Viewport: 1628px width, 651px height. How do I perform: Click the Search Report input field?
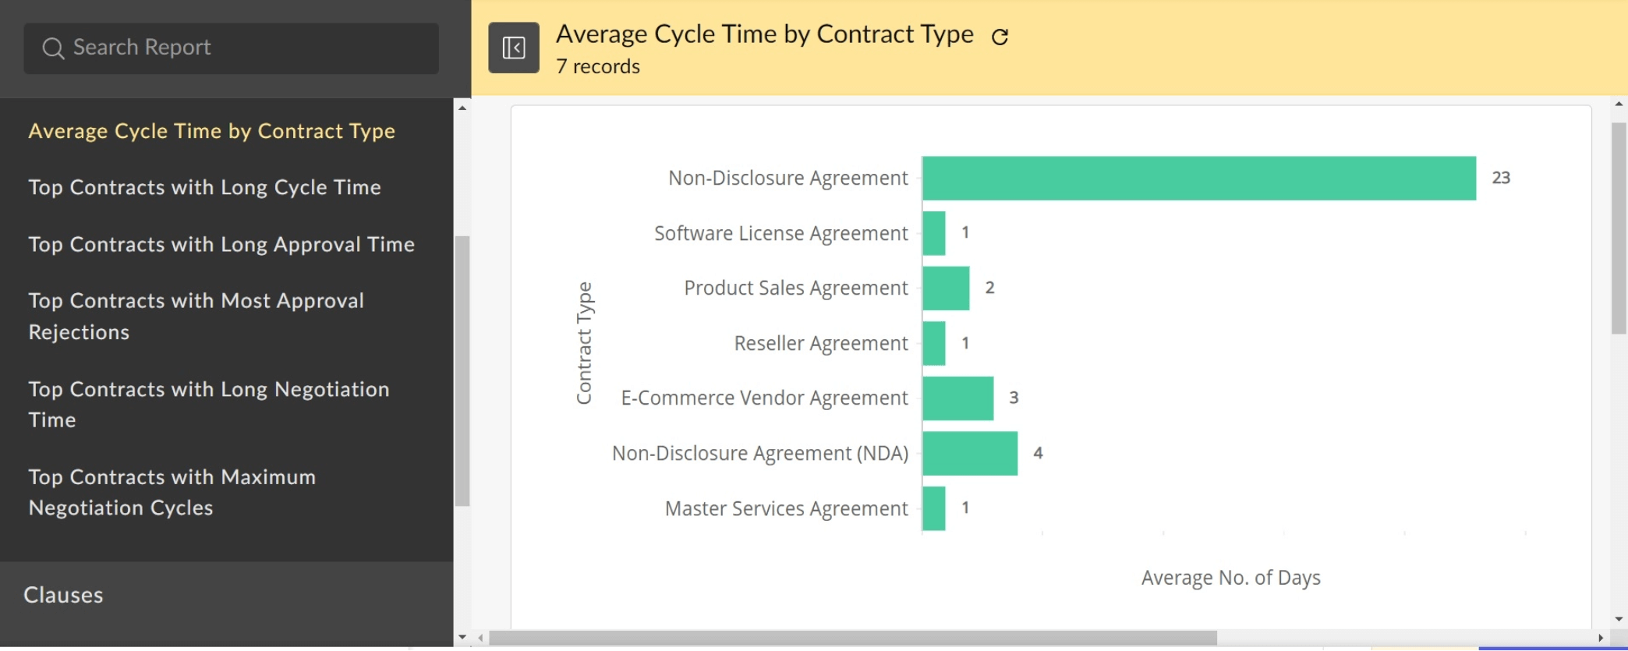point(231,48)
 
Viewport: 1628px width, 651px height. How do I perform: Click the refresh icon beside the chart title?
point(1000,37)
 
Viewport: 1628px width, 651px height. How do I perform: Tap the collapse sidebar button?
point(513,48)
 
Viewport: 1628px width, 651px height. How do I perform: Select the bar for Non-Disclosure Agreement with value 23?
point(1198,178)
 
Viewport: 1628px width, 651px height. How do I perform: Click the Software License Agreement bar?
point(933,233)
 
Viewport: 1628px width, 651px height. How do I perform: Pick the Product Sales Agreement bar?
point(946,288)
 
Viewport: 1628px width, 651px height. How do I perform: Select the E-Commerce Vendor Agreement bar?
point(957,398)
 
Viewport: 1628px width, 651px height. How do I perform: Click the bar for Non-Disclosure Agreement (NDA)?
point(970,453)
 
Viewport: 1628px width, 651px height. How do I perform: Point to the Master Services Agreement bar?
point(933,508)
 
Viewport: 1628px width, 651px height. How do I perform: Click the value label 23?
point(1501,178)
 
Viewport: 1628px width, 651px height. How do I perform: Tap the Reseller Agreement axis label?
point(820,343)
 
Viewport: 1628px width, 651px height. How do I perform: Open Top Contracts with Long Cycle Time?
point(204,187)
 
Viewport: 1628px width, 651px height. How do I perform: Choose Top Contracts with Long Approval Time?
point(221,244)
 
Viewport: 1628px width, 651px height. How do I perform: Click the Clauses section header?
point(63,595)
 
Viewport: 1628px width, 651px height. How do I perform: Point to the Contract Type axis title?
point(584,343)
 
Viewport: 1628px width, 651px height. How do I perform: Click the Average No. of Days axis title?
point(1230,578)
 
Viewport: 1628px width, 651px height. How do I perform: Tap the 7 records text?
point(597,66)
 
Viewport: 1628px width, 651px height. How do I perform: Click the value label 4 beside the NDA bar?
point(1038,453)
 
